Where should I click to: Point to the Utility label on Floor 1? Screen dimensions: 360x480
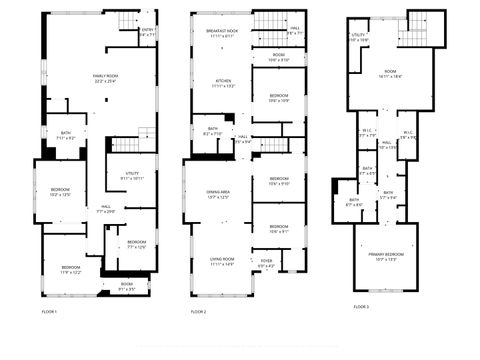tap(132, 175)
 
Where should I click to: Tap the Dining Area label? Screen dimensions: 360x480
tap(219, 194)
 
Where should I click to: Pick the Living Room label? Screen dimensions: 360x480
tap(222, 263)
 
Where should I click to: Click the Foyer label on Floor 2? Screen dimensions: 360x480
tap(266, 265)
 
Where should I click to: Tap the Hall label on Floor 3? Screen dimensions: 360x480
tap(386, 145)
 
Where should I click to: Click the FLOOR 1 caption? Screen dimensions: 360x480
tap(49, 312)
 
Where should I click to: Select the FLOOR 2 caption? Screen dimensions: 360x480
tap(198, 312)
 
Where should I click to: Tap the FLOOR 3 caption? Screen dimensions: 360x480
tap(361, 305)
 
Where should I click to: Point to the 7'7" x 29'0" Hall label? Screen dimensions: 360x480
tap(106, 210)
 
